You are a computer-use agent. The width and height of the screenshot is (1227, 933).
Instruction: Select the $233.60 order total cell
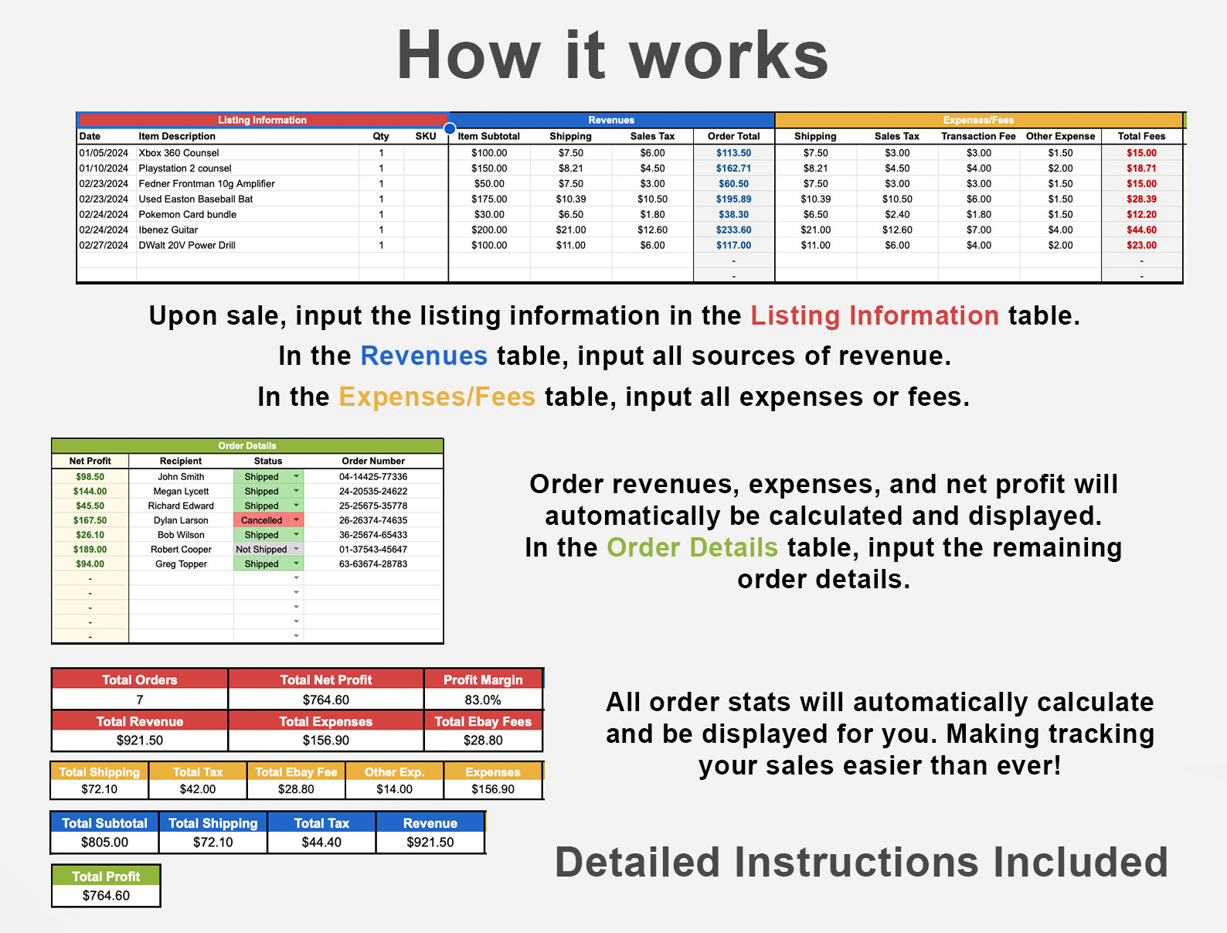click(733, 230)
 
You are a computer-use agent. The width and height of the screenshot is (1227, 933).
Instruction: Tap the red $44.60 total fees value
click(1141, 230)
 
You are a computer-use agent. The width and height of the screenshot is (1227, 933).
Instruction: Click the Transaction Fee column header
click(978, 136)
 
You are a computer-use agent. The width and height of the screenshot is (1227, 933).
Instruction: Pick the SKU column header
click(426, 136)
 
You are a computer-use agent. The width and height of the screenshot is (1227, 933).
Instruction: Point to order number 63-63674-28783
click(373, 564)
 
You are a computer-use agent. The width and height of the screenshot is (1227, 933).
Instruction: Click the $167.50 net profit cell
click(90, 520)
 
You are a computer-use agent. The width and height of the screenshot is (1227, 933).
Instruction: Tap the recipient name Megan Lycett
click(181, 492)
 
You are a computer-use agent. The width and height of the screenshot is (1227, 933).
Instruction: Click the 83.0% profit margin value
click(483, 700)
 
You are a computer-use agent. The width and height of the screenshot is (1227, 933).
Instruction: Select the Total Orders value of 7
click(140, 700)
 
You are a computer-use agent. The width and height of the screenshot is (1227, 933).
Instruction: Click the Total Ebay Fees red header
click(483, 721)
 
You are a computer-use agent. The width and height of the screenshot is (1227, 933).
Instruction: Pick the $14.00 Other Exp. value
click(394, 789)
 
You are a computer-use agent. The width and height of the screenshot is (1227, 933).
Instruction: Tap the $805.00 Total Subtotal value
click(105, 842)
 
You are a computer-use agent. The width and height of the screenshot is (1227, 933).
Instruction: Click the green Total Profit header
click(106, 877)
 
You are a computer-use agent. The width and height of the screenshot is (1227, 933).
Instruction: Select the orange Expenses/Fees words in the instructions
click(437, 397)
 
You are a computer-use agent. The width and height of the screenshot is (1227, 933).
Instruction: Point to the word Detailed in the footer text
click(637, 862)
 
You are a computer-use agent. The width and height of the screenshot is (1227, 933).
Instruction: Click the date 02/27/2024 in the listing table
click(104, 245)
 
